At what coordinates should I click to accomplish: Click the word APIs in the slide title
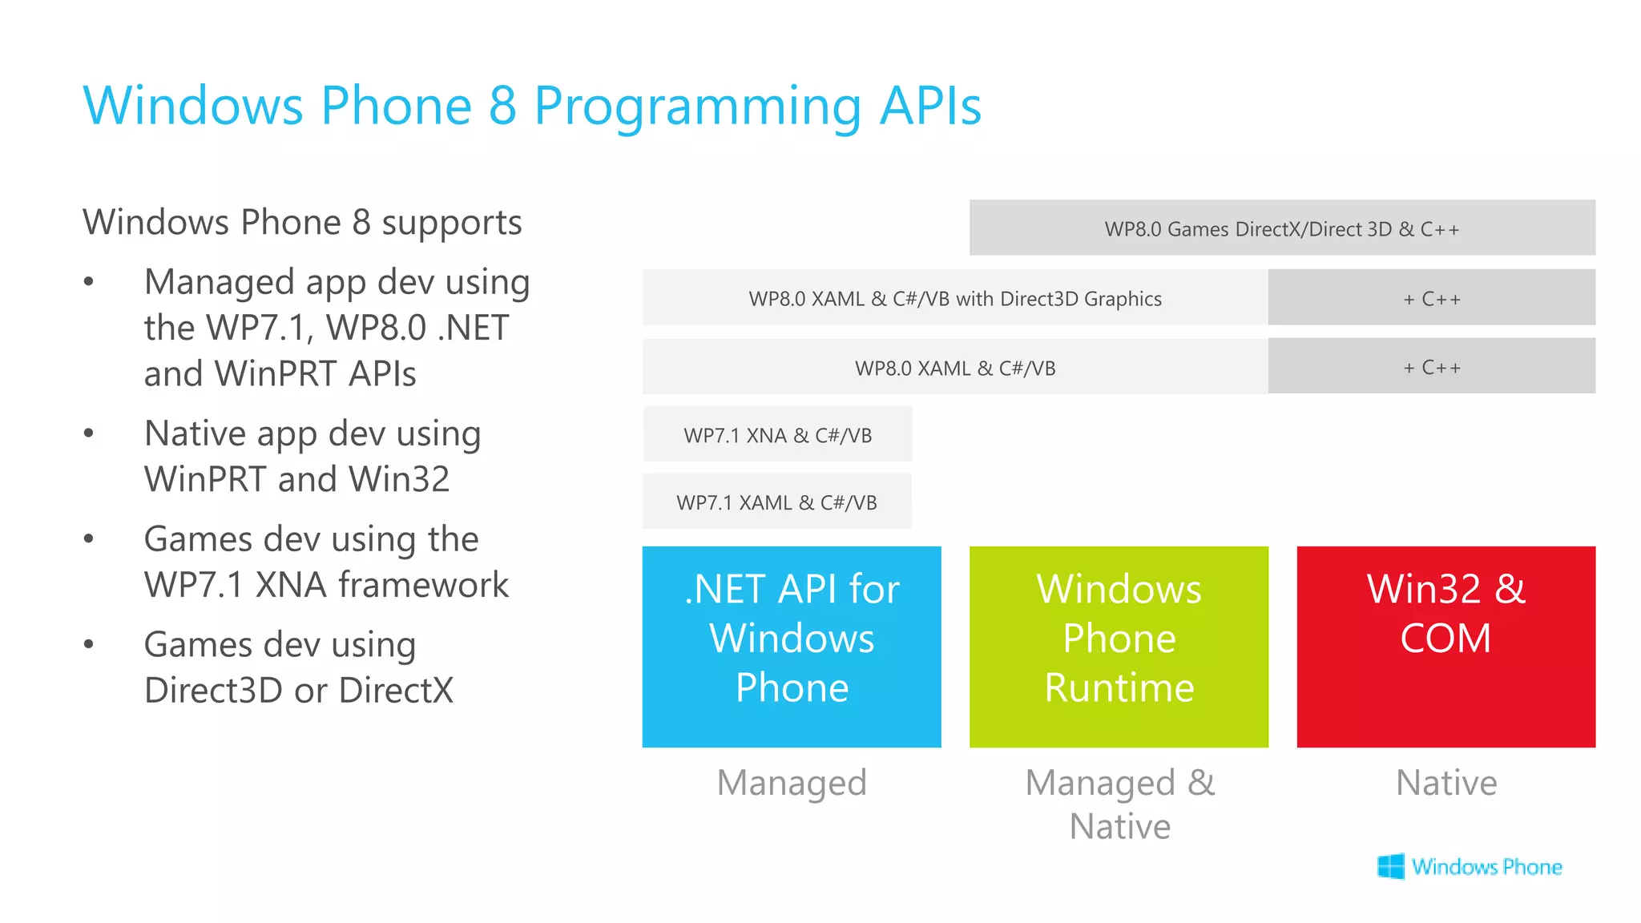pyautogui.click(x=929, y=106)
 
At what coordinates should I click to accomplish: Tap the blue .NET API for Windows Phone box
pyautogui.click(x=791, y=646)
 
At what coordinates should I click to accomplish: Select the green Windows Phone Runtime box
pyautogui.click(x=1119, y=646)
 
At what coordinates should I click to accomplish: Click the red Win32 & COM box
pyautogui.click(x=1445, y=646)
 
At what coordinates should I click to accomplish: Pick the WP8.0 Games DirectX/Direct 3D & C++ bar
pyautogui.click(x=1282, y=228)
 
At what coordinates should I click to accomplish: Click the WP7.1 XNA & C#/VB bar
pyautogui.click(x=777, y=434)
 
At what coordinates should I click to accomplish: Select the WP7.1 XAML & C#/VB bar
pyautogui.click(x=776, y=502)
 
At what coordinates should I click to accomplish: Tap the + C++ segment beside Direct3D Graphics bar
pyautogui.click(x=1431, y=298)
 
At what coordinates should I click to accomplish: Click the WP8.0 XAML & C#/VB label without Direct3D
pyautogui.click(x=955, y=368)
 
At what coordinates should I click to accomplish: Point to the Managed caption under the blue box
pyautogui.click(x=791, y=783)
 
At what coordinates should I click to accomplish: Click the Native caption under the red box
pyautogui.click(x=1445, y=783)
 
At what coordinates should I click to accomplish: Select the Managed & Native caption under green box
pyautogui.click(x=1119, y=804)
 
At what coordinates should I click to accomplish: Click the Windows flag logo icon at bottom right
pyautogui.click(x=1390, y=866)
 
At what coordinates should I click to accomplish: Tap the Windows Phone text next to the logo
pyautogui.click(x=1486, y=867)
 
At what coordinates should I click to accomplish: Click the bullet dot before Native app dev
pyautogui.click(x=89, y=433)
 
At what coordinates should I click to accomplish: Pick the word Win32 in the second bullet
pyautogui.click(x=398, y=479)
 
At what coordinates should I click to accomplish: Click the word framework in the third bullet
pyautogui.click(x=423, y=585)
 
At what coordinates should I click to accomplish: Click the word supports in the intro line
pyautogui.click(x=451, y=223)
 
